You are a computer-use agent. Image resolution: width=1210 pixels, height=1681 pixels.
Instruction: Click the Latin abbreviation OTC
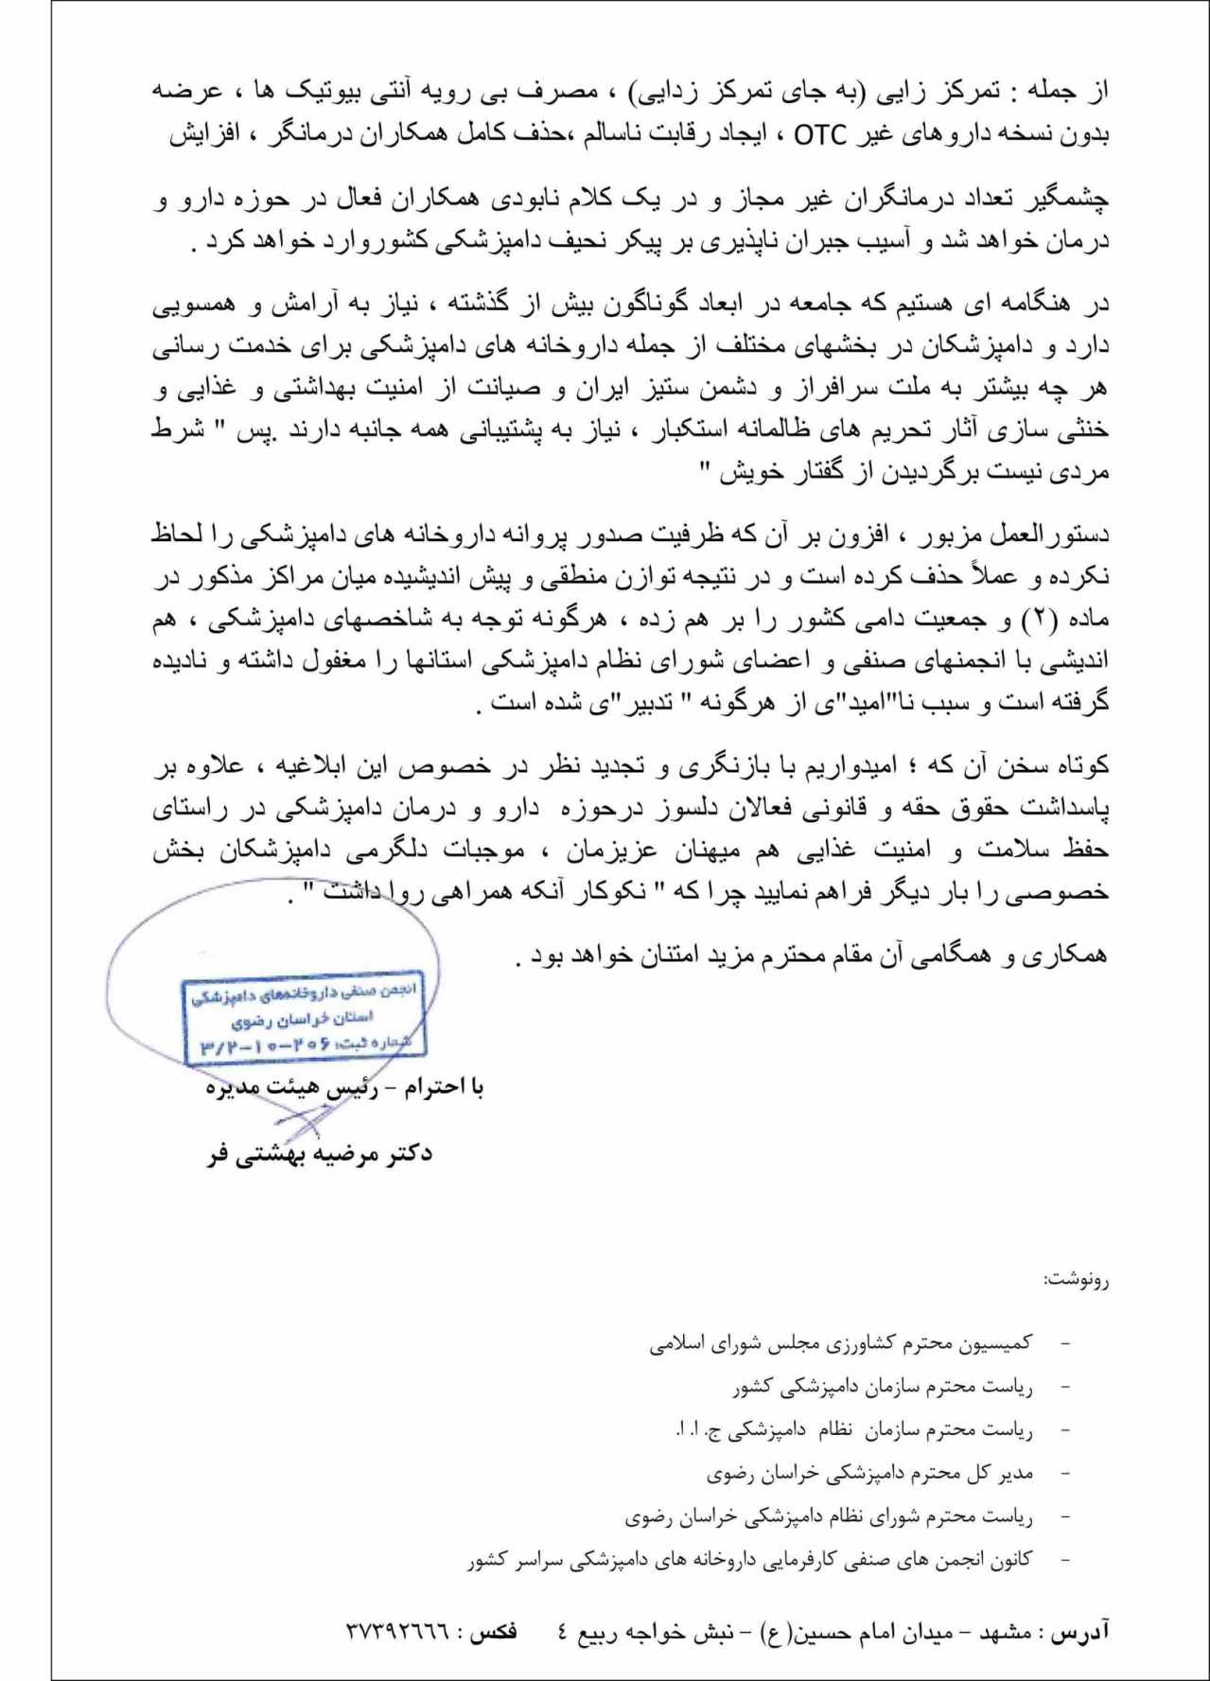coord(820,136)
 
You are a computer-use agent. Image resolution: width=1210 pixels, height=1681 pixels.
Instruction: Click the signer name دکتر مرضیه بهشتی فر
coord(320,1154)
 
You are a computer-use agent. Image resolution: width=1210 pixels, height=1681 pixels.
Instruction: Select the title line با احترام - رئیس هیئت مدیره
coord(344,1088)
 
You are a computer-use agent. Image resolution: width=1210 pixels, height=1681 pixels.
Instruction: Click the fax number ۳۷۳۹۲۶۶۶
coord(397,1632)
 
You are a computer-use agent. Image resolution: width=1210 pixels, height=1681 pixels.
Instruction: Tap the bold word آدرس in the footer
coord(1089,1632)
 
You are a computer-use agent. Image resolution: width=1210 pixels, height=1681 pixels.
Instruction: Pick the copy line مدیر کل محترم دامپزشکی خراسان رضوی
coord(869,1473)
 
